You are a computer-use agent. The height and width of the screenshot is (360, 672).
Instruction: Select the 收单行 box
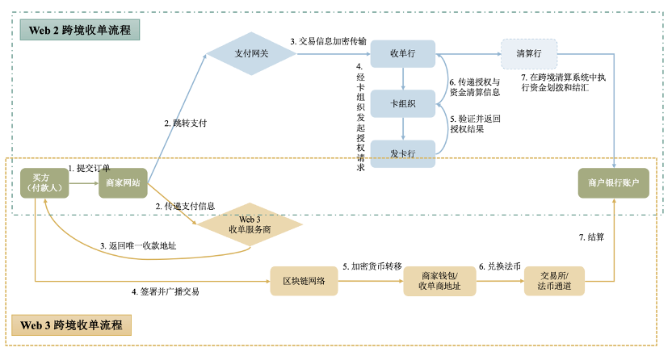coord(402,54)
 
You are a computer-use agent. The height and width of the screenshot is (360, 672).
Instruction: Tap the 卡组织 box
coord(402,104)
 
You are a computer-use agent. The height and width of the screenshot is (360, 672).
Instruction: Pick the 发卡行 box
coord(402,153)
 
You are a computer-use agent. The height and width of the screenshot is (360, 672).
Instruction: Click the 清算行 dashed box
coord(528,53)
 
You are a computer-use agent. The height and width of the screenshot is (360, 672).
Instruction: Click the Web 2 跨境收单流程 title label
coord(80,30)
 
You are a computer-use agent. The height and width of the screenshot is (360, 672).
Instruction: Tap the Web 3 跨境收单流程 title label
coord(72,326)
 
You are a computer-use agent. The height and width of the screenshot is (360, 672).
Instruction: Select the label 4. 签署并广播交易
coord(166,291)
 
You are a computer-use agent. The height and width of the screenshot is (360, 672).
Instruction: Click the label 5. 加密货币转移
coord(372,266)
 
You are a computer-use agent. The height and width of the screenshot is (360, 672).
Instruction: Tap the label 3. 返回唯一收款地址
coord(138,245)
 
